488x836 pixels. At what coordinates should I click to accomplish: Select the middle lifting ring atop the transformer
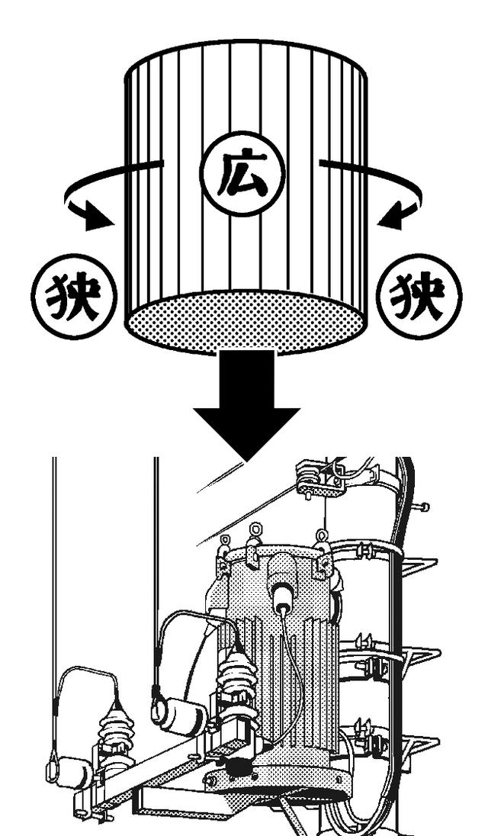pyautogui.click(x=255, y=529)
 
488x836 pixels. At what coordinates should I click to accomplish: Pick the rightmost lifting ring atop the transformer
pyautogui.click(x=323, y=536)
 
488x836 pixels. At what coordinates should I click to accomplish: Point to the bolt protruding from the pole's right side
pyautogui.click(x=421, y=507)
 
